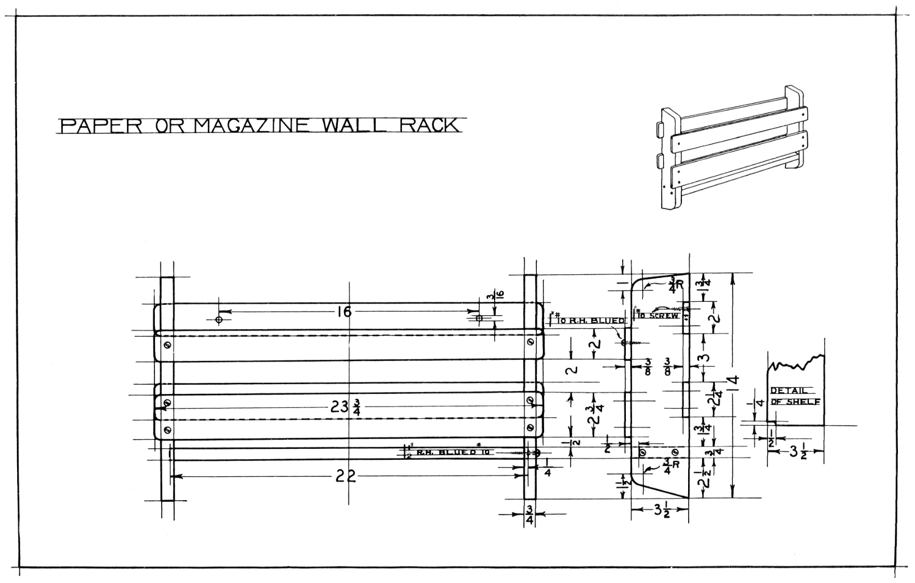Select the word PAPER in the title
tap(101, 126)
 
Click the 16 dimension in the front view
tap(344, 312)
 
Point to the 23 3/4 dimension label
tap(345, 407)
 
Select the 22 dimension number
tap(345, 477)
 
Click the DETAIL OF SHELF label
tap(795, 396)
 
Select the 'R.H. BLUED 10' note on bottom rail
tap(453, 452)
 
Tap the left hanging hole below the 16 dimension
tap(219, 319)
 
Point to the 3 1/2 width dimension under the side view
tap(661, 511)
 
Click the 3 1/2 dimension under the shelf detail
tap(797, 452)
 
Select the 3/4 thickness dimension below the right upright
tap(529, 514)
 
